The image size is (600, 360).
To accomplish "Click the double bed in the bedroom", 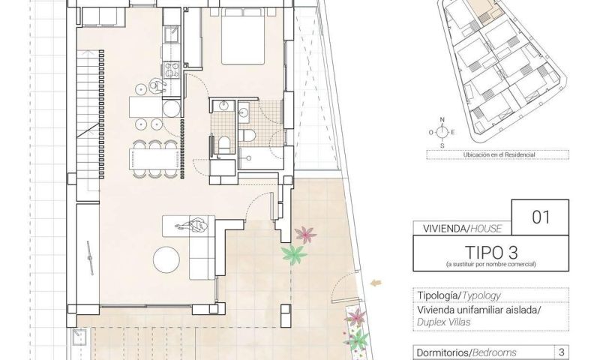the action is click(243, 35).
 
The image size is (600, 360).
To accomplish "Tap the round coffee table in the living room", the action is click(166, 259).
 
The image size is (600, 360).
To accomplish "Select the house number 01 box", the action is click(540, 217).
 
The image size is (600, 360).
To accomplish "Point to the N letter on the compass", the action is click(442, 120).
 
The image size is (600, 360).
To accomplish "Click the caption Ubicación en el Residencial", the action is click(499, 155).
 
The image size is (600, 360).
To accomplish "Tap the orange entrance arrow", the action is click(376, 283).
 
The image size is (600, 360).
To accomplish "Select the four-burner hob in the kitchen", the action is click(172, 70).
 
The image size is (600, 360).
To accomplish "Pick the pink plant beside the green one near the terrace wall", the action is click(305, 234).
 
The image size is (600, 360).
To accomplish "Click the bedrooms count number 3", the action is click(562, 352).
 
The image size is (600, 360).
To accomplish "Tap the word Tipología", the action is click(437, 295).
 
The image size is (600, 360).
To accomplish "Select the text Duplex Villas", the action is click(443, 322).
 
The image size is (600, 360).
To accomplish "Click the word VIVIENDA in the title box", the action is click(444, 229).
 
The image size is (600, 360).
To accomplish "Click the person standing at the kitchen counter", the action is click(157, 86).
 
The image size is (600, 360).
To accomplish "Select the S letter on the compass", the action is click(442, 145).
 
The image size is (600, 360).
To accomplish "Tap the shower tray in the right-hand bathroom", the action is click(261, 158).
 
